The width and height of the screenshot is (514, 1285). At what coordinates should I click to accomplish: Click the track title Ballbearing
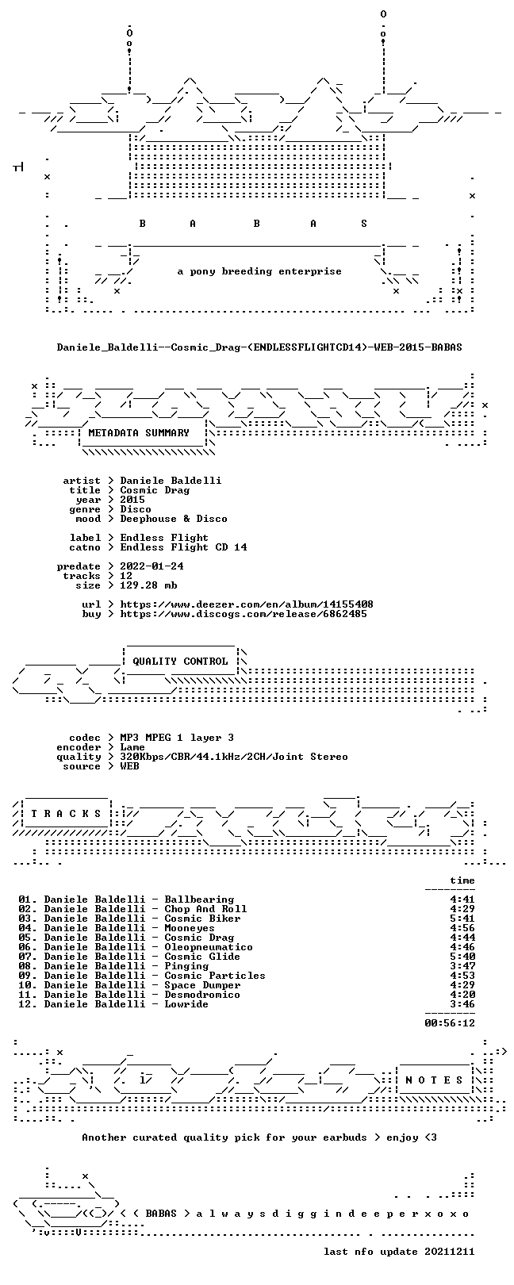[199, 899]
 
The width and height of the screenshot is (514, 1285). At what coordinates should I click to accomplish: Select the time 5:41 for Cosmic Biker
[462, 919]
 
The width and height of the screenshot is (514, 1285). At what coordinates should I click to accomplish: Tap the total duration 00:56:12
[450, 1022]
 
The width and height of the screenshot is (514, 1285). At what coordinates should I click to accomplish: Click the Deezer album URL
[247, 604]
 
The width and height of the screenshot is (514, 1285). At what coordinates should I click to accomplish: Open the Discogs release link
[244, 614]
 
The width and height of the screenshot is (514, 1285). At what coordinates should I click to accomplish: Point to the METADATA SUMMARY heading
[139, 433]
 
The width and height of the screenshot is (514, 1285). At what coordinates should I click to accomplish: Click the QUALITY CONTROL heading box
[180, 662]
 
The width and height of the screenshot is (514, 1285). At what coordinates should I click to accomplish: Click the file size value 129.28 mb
[148, 585]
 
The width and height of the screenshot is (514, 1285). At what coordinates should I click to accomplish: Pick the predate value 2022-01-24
[152, 566]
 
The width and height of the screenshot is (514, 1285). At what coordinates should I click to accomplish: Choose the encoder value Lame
[132, 747]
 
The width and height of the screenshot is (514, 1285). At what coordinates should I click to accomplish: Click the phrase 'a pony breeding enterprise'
[259, 271]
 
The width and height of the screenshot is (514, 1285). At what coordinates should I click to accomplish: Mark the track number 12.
[25, 1004]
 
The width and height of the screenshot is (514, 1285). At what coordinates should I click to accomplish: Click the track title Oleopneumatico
[209, 947]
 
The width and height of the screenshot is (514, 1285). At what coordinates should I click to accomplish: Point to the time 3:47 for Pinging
[462, 966]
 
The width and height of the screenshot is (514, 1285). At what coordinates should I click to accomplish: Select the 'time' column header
[462, 880]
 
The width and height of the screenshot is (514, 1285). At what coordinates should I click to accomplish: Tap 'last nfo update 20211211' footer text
[399, 1251]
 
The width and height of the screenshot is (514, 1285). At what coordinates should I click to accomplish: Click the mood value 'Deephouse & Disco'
[174, 519]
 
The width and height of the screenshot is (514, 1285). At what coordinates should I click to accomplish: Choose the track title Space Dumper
[202, 985]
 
